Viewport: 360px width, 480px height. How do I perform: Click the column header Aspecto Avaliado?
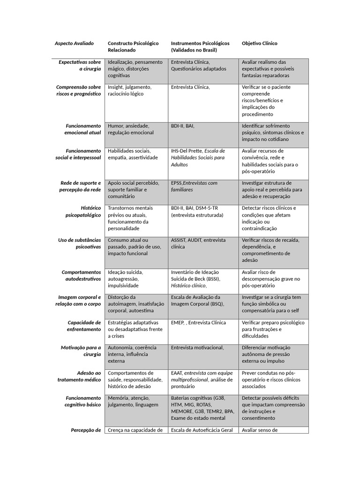[x=74, y=43]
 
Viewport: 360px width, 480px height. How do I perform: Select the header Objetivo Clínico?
[x=259, y=43]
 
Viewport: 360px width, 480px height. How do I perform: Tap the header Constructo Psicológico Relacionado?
[x=133, y=46]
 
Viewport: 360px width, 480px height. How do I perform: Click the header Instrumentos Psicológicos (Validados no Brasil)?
[x=200, y=46]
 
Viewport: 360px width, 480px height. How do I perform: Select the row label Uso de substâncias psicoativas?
[x=79, y=243]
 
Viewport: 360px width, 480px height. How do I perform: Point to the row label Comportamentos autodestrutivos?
[x=81, y=275]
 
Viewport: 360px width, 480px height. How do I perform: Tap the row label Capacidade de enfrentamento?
[x=84, y=326]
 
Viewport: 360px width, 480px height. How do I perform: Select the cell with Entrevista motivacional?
[x=197, y=348]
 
